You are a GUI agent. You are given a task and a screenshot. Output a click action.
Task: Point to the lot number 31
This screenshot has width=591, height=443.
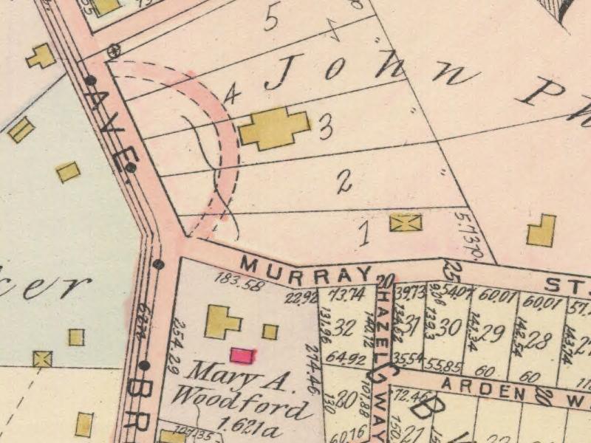(414, 324)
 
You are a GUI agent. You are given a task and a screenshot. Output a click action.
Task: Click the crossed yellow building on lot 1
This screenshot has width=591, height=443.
(406, 221)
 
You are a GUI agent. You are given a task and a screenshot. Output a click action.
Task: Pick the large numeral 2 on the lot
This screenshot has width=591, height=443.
(344, 182)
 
